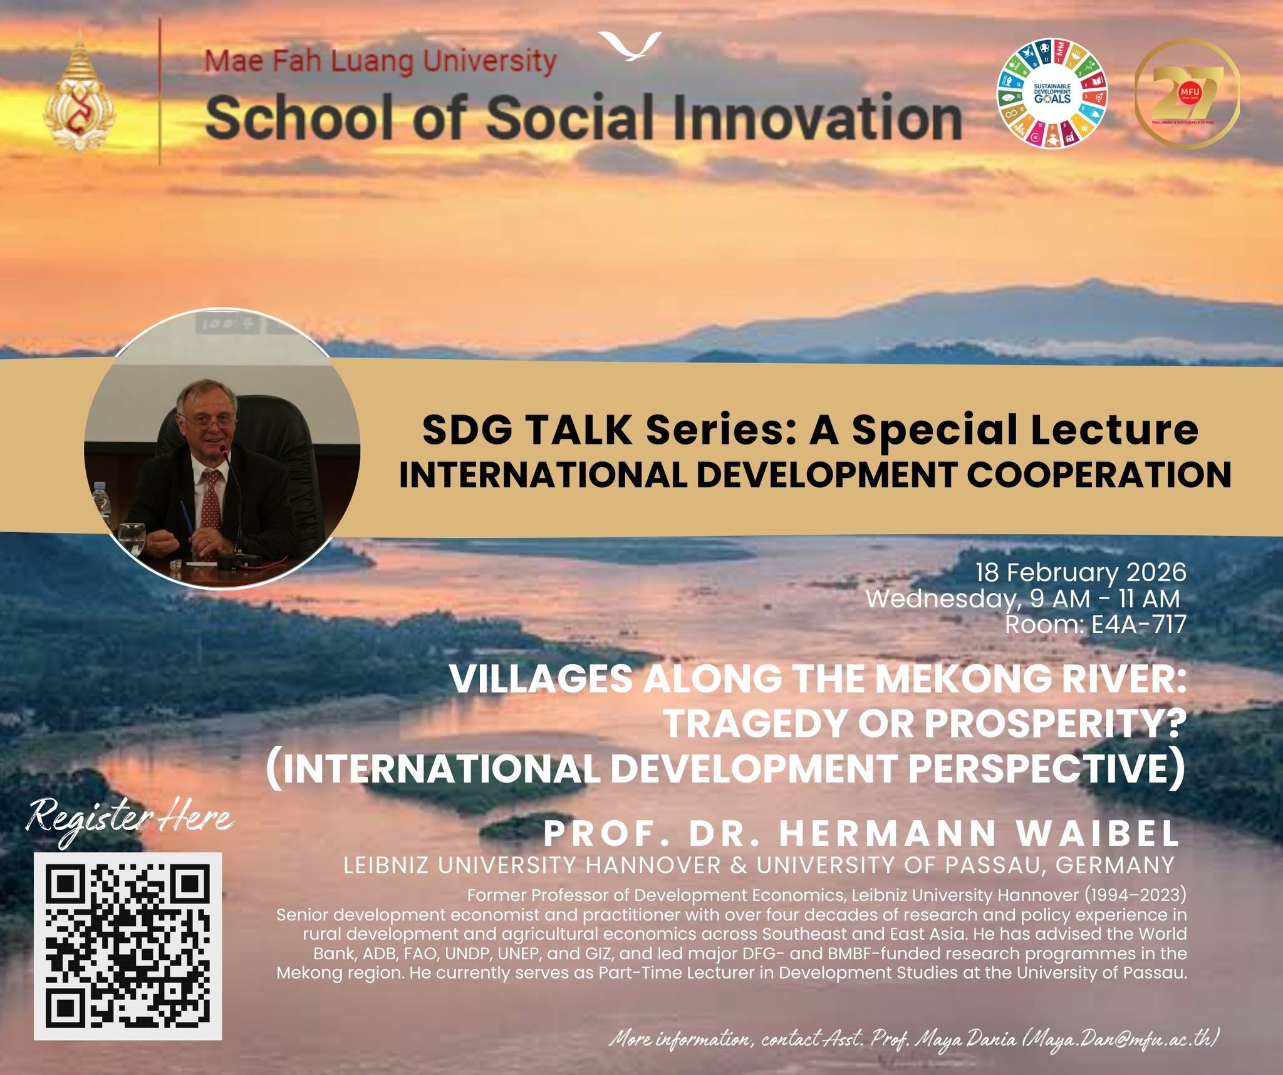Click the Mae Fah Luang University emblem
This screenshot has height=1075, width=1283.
point(79,93)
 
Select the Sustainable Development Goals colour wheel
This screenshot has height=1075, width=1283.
point(1052,93)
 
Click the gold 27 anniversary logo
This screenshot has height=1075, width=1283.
point(1187,93)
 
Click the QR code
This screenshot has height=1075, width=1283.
point(128,946)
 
